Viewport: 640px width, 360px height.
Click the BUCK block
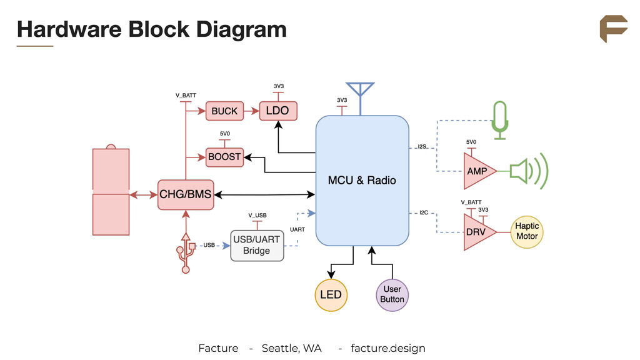[x=224, y=111]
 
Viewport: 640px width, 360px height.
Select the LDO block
[x=277, y=111]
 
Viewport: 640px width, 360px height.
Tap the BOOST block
[x=224, y=157]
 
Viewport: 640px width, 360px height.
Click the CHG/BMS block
[x=185, y=194]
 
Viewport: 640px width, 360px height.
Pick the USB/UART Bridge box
[x=257, y=245]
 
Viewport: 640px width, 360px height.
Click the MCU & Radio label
[x=362, y=180]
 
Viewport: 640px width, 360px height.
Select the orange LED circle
[x=331, y=294]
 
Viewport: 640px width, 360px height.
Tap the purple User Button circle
[x=392, y=294]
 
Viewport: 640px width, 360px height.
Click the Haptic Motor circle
[x=527, y=231]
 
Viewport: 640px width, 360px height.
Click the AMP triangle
[x=477, y=171]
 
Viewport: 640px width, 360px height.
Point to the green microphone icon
[x=500, y=119]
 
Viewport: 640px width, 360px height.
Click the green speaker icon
[x=528, y=171]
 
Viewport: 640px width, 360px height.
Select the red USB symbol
[x=185, y=252]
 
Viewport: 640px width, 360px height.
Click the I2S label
[x=422, y=147]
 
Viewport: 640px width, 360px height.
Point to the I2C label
[x=423, y=213]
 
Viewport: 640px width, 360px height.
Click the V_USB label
[x=257, y=215]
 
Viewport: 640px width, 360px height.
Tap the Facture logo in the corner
[x=613, y=29]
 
